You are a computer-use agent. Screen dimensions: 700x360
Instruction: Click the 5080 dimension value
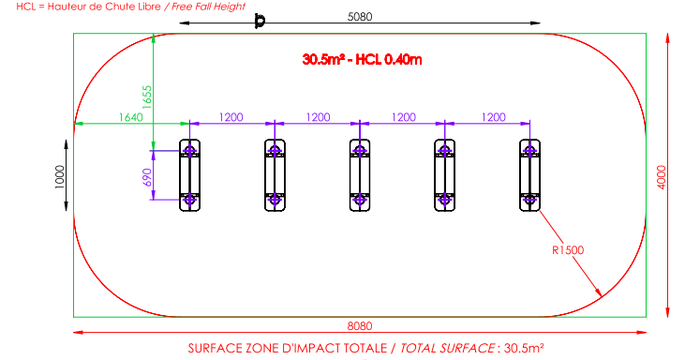pos(360,17)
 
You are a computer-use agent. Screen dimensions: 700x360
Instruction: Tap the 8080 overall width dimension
pos(360,326)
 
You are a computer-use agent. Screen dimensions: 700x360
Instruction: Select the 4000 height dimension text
pos(662,177)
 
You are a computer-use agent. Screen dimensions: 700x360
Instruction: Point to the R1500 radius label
pos(568,250)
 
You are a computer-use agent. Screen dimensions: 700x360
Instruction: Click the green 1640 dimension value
pos(131,117)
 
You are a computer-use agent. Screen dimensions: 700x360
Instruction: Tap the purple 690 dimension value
pos(147,177)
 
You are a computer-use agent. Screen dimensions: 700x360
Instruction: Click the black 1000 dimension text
pos(59,177)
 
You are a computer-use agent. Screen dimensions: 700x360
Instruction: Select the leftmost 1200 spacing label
pos(231,117)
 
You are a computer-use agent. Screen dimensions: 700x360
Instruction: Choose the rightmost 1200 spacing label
pos(493,117)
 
